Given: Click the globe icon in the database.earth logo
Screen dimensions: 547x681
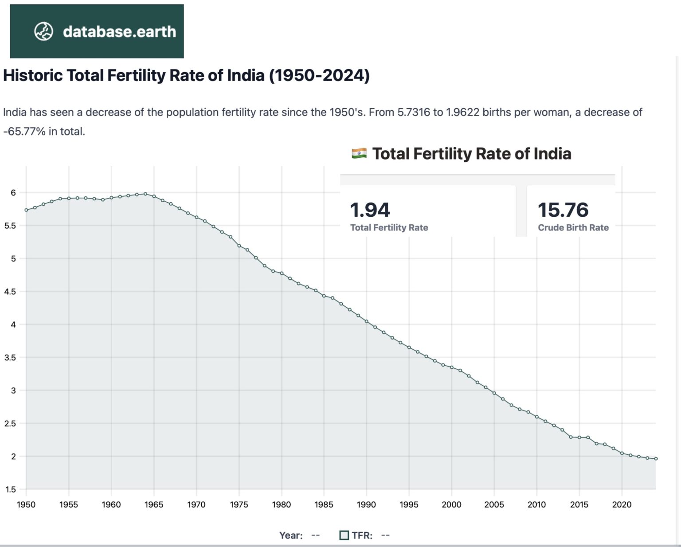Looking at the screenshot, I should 44,31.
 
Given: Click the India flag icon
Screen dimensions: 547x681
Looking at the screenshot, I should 359,153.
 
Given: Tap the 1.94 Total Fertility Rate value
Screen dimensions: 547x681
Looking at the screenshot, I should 370,210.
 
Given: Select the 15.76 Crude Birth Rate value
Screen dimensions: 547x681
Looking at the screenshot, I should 563,210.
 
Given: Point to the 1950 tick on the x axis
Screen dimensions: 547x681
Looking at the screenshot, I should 26,504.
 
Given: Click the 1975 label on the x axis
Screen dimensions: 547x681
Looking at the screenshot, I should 239,504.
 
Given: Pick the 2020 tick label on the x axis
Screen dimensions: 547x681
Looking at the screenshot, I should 622,504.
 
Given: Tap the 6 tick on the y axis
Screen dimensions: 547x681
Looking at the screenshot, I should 13,192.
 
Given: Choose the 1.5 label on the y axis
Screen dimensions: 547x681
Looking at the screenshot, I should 10,489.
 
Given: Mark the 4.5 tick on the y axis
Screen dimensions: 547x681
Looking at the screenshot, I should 10,292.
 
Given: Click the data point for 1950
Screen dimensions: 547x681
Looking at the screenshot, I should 26,210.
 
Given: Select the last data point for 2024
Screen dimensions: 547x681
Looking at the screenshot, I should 656,459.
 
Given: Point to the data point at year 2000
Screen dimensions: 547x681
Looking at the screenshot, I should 452,367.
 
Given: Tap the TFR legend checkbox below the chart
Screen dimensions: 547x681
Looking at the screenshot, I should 344,535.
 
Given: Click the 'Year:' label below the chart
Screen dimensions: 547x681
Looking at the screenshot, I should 291,535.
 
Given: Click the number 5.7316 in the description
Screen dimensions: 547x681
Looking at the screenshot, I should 414,112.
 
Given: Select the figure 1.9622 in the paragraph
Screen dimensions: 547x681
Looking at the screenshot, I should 462,112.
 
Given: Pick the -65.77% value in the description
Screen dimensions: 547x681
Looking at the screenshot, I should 24,131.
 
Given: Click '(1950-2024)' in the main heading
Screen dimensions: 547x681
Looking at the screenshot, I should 319,75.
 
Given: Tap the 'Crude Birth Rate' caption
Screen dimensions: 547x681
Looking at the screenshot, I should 573,227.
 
